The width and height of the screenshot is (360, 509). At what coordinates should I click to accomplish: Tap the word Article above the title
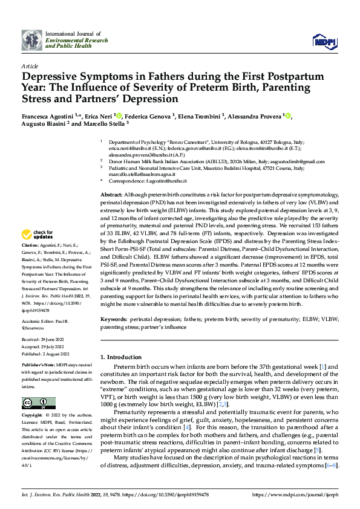(x=29, y=66)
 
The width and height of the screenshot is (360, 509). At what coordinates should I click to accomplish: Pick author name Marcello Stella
(x=106, y=126)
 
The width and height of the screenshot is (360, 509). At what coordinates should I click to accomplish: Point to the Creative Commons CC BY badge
(x=39, y=404)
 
